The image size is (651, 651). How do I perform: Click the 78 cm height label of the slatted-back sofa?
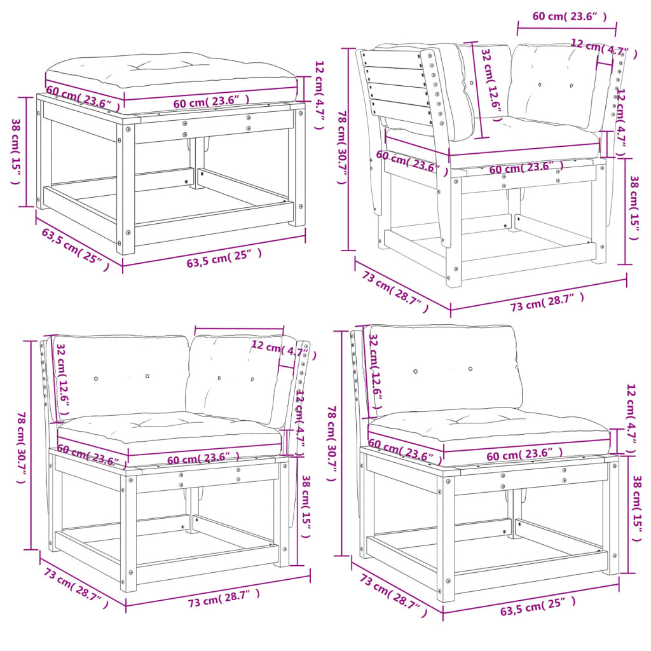pos(342,147)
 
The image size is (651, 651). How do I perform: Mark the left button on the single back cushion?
pos(415,371)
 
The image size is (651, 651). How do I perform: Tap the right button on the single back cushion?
pos(470,369)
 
